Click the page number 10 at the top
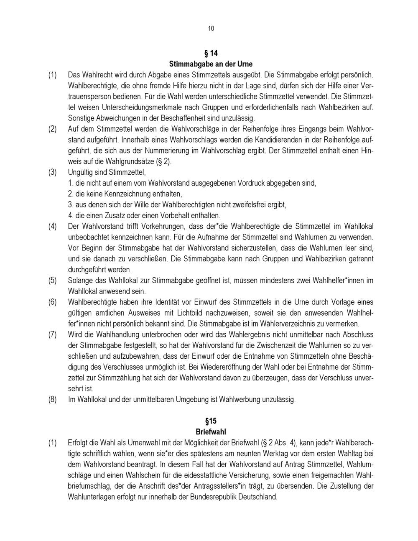tap(211, 28)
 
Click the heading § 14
tap(211, 53)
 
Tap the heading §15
tap(211, 421)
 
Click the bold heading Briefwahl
tap(211, 432)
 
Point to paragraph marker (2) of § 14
tap(52, 129)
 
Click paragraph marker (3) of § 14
tap(52, 172)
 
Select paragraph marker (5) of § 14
tap(52, 280)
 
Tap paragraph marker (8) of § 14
tap(52, 399)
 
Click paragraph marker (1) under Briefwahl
tap(52, 443)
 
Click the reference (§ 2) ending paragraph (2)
tap(162, 161)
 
